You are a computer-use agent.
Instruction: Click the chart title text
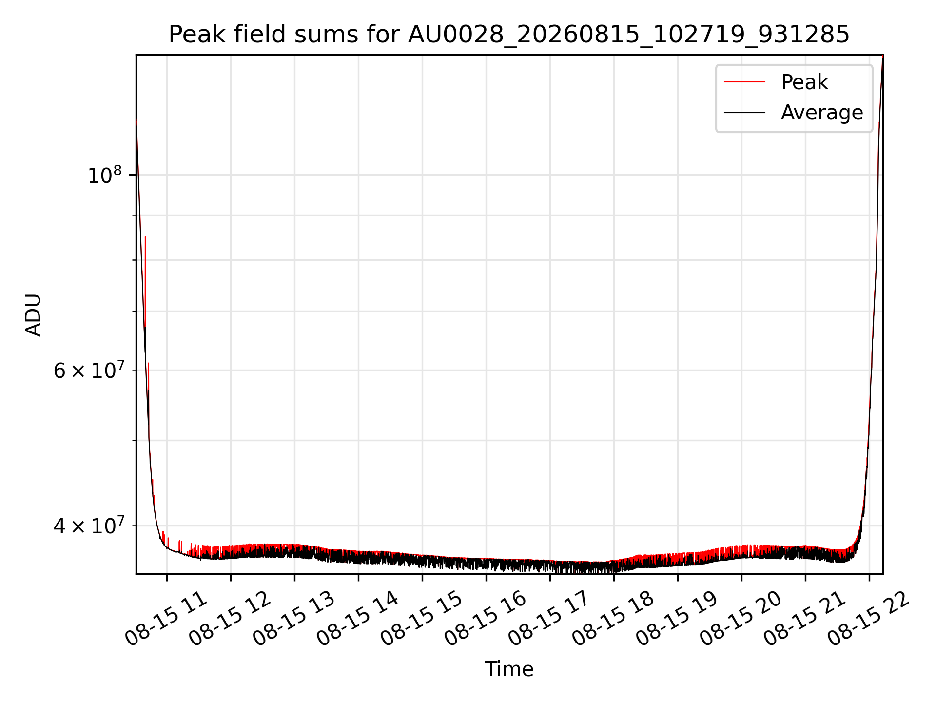(x=509, y=35)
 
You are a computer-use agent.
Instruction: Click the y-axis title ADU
(x=33, y=315)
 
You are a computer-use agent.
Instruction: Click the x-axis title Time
(x=509, y=669)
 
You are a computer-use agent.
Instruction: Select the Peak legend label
(x=804, y=82)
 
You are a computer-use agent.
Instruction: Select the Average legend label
(x=822, y=113)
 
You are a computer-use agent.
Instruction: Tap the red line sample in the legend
(x=744, y=82)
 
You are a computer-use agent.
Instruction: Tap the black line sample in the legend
(x=744, y=113)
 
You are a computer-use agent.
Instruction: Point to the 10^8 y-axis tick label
(x=104, y=175)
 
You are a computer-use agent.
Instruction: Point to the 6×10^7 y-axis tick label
(x=88, y=370)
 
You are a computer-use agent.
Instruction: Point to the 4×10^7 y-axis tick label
(x=88, y=526)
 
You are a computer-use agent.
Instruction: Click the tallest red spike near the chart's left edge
(x=145, y=237)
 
